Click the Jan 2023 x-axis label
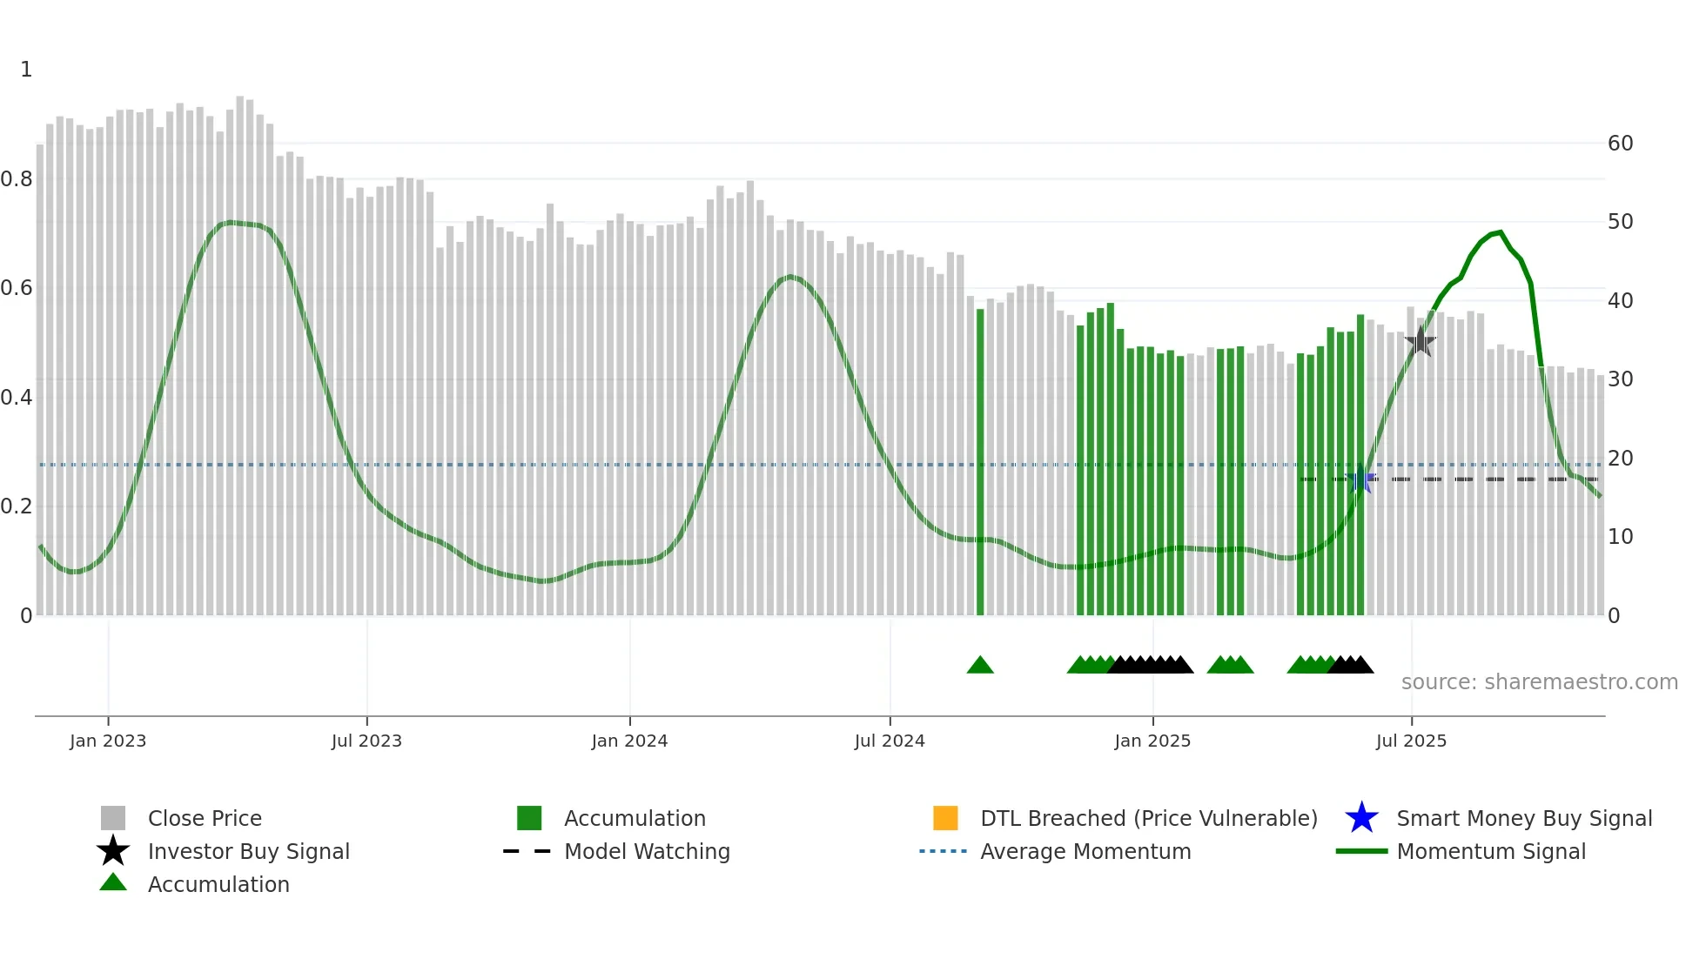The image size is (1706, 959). [x=108, y=741]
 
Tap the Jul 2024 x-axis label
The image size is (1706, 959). [x=890, y=741]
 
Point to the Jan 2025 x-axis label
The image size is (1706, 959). [x=1152, y=741]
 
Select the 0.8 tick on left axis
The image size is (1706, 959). [x=17, y=179]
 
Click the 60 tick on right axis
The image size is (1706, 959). [x=1620, y=143]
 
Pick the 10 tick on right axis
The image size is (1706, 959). [x=1620, y=536]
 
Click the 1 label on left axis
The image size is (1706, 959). [x=26, y=70]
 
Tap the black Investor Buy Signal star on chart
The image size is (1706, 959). [x=1420, y=341]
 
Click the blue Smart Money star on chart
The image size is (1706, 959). [x=1360, y=479]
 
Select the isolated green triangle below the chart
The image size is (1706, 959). [x=980, y=665]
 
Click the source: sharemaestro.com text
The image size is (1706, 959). [x=1539, y=681]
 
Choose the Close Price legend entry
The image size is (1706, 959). [x=205, y=818]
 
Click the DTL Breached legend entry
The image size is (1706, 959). [x=1148, y=818]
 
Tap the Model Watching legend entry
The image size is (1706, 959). [x=647, y=851]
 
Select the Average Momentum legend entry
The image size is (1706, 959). [x=1085, y=851]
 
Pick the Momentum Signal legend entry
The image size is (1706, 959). [x=1491, y=851]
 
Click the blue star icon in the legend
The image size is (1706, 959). [x=1361, y=818]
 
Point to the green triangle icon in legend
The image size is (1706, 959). [x=113, y=882]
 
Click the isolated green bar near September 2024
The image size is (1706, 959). [x=980, y=461]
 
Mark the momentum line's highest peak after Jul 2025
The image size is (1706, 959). [x=1500, y=232]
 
